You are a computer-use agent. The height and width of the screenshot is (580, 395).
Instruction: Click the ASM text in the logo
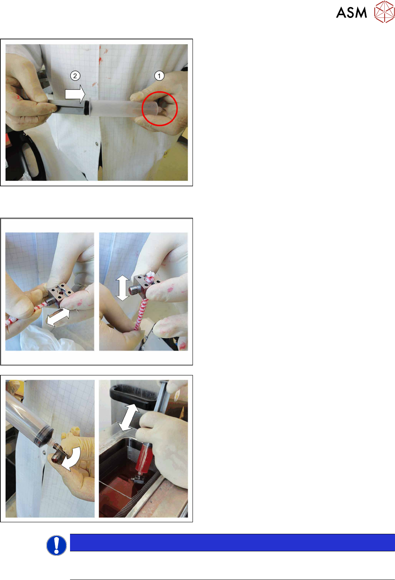(351, 13)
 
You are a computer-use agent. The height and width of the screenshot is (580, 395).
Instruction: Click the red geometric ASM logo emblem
(385, 12)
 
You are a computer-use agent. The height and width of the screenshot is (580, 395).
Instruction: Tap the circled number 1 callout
(159, 76)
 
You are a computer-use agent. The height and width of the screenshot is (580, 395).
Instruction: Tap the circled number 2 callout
(75, 76)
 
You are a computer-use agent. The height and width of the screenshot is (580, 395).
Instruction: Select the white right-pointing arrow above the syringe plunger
(75, 94)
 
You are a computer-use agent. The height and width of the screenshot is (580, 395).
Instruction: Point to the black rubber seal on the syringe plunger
(87, 106)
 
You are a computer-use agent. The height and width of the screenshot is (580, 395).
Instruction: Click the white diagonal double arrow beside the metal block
(58, 317)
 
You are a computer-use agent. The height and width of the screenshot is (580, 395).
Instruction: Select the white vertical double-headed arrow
(123, 288)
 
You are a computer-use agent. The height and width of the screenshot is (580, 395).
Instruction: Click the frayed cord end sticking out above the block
(150, 277)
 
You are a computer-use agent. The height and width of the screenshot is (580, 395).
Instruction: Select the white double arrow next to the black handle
(128, 417)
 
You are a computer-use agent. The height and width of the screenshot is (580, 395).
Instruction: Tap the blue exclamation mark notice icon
(56, 545)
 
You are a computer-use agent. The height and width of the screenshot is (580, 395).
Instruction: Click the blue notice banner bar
(232, 542)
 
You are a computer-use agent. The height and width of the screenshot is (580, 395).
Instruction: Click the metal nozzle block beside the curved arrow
(59, 455)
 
